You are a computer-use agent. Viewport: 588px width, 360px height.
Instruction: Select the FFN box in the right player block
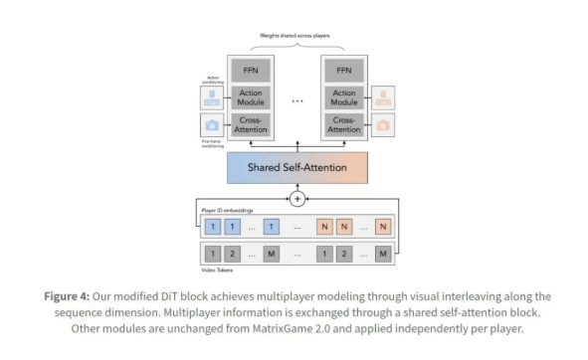[x=345, y=71]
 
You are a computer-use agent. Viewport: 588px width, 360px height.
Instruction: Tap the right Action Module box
[x=345, y=98]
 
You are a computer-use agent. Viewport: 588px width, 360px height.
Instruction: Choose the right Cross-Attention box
[x=345, y=126]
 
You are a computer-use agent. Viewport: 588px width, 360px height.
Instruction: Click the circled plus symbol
[x=296, y=199]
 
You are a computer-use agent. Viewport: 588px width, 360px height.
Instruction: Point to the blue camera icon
[x=211, y=125]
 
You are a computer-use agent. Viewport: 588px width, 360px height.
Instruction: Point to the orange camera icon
[x=383, y=125]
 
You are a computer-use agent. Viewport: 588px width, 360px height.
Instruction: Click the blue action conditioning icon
[x=211, y=97]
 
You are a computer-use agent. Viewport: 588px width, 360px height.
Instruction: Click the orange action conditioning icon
[x=383, y=97]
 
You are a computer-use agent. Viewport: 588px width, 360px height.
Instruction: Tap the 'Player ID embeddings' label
[x=228, y=211]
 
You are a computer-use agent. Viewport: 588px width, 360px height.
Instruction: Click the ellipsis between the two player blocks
[x=296, y=99]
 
